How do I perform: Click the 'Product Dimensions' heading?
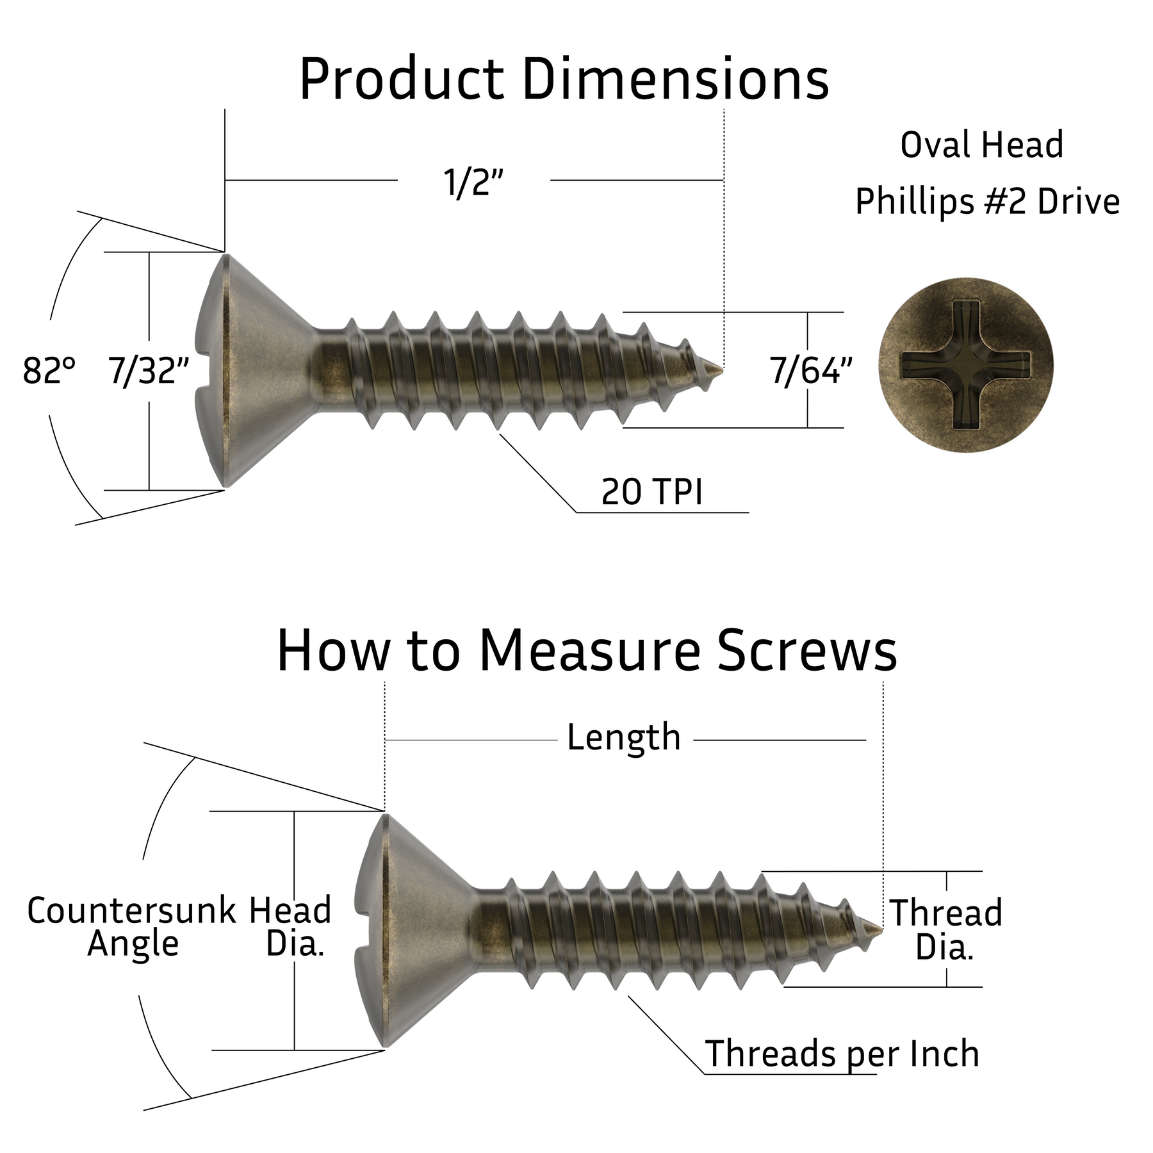[x=564, y=80]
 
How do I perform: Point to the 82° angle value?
[x=49, y=370]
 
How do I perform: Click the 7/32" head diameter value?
[x=149, y=370]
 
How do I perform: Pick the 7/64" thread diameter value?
[x=811, y=370]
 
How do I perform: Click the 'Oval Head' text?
[x=981, y=145]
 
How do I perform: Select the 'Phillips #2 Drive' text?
[x=987, y=201]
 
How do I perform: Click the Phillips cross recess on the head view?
[x=965, y=366]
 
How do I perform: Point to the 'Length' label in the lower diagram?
[x=623, y=737]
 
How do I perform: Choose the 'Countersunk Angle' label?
[x=132, y=926]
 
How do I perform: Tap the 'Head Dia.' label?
[x=291, y=926]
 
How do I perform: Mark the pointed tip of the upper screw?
[x=720, y=370]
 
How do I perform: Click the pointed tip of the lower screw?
[x=878, y=929]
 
